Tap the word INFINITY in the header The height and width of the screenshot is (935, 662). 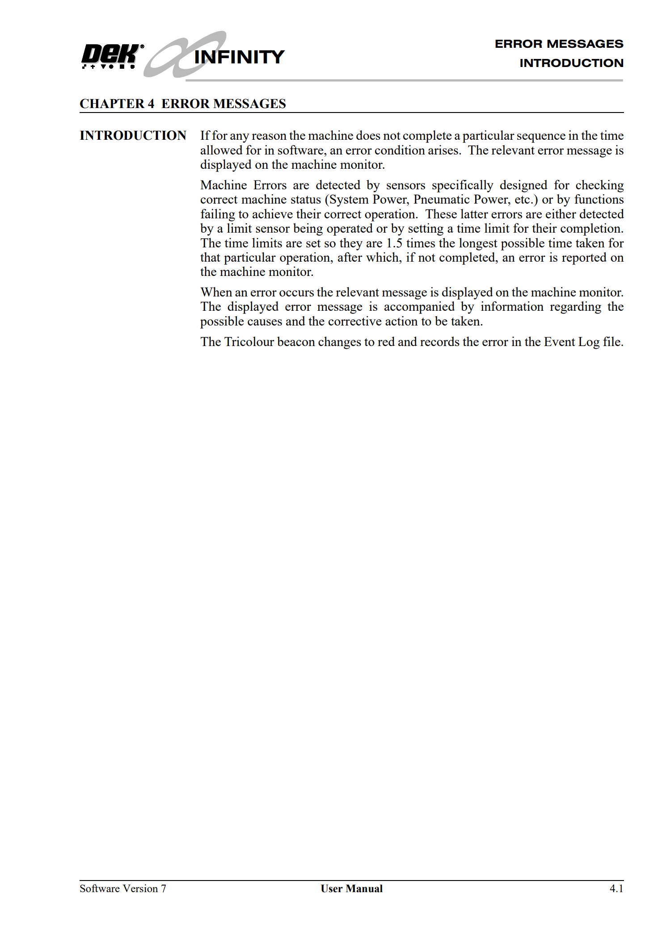pos(239,57)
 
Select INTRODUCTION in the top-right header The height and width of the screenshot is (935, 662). pos(571,63)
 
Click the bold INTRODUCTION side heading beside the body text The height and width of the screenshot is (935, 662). pos(133,136)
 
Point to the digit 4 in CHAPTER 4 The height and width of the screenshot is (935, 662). pos(151,104)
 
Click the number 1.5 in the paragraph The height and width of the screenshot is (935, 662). pos(394,243)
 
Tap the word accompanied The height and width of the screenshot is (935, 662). pos(419,307)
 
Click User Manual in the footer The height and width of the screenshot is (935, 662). pos(351,889)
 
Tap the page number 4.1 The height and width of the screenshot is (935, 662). pos(616,889)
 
